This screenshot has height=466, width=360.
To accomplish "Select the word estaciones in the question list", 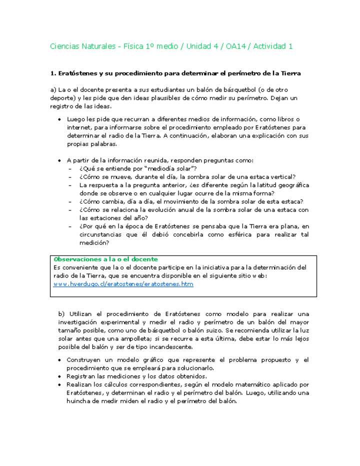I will [115, 218].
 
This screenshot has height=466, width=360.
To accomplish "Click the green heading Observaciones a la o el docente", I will [105, 259].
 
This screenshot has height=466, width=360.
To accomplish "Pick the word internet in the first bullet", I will [77, 127].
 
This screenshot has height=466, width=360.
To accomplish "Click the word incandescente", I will [173, 346].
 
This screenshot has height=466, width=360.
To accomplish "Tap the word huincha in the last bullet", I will [79, 400].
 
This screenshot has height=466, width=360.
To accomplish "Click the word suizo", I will [253, 330].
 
